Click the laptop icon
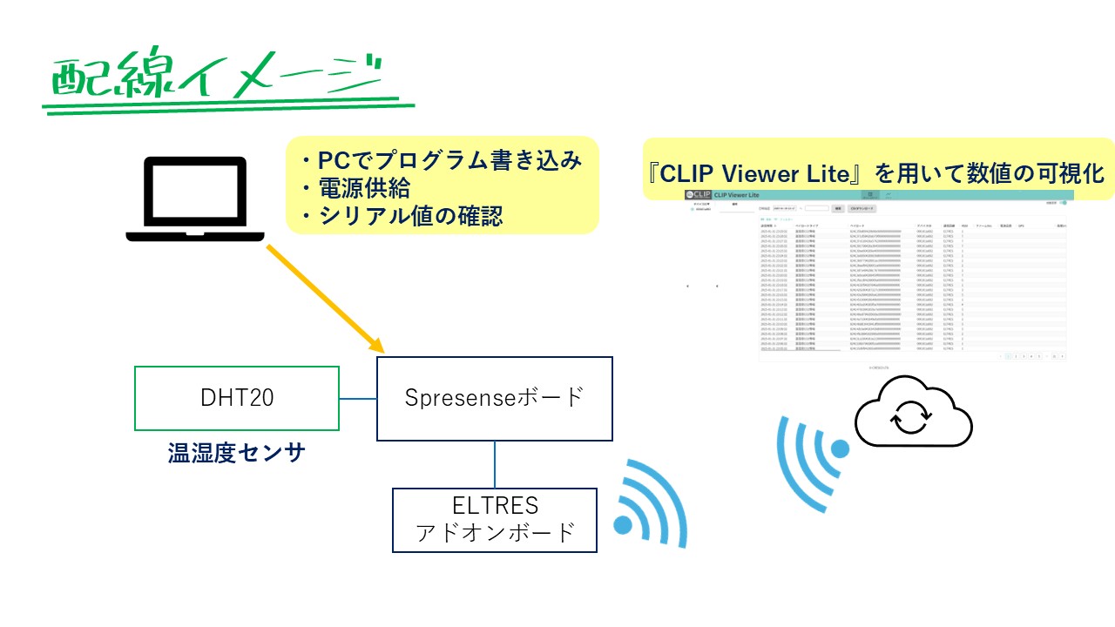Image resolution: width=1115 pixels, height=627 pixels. [195, 199]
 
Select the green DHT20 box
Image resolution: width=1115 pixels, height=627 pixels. [236, 398]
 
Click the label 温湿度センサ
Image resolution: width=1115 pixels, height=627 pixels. [236, 453]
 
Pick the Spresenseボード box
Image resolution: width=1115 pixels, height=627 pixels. [495, 398]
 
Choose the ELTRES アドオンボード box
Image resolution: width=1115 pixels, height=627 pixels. [495, 520]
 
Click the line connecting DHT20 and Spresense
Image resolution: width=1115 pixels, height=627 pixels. [357, 399]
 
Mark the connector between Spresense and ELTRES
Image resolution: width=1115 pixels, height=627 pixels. [495, 464]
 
